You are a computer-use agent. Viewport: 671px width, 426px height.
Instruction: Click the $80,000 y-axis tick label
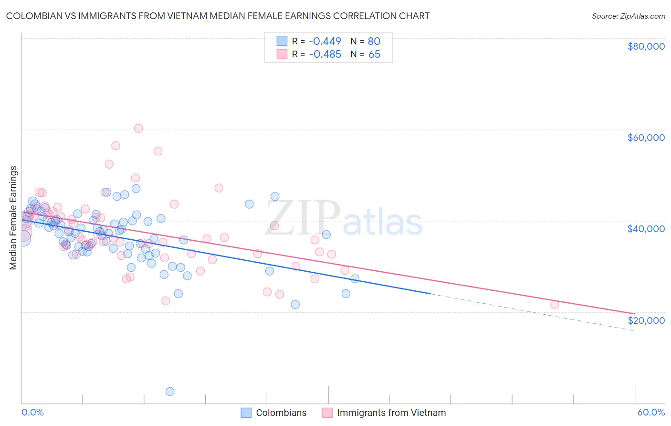646,46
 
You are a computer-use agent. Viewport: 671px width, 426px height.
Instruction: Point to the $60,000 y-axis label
646,138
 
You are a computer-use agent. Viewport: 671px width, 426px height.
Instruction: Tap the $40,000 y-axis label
646,229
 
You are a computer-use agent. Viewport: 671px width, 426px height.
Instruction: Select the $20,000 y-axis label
646,320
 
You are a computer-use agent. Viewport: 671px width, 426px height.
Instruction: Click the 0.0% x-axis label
32,412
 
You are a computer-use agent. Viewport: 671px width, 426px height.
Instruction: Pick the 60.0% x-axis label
650,412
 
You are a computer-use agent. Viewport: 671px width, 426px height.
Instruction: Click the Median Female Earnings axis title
13,218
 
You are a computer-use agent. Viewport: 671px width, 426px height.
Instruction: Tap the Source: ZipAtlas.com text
628,16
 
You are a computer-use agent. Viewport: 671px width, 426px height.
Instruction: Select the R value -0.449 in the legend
325,41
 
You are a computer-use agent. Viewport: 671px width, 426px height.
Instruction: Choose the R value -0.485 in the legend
325,54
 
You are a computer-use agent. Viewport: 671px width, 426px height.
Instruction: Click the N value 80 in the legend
374,41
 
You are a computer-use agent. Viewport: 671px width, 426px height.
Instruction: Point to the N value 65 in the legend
374,54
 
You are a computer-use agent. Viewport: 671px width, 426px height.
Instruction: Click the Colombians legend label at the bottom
281,413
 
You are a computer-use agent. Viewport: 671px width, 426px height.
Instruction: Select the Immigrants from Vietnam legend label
391,413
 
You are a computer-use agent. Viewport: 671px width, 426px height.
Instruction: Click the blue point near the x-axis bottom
170,392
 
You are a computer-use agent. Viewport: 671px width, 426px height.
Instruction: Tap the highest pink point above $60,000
138,128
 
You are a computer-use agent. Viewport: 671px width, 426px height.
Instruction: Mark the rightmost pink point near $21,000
555,304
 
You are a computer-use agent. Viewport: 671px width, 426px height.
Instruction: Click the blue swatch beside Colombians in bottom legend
246,413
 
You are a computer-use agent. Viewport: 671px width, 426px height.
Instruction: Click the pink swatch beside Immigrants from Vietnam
327,413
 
